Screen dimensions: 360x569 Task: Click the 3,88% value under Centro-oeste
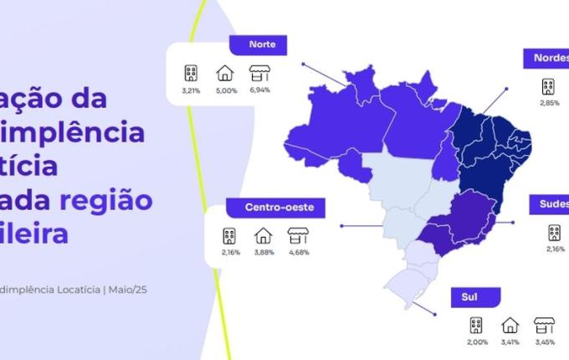(x=263, y=253)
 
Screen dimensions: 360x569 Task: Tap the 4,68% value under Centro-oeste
(x=298, y=253)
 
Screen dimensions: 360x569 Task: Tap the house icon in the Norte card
(x=225, y=72)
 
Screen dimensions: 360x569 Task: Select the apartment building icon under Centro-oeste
(x=228, y=236)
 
